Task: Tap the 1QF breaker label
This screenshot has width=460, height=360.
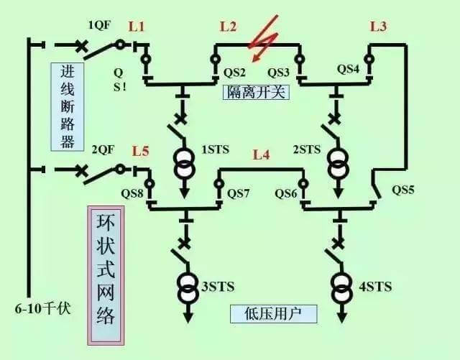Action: point(99,25)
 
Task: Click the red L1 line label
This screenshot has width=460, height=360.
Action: point(137,27)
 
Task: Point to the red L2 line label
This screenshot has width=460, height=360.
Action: point(228,27)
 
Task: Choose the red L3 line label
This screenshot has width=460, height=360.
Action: point(378,27)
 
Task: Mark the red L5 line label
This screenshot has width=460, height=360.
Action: point(141,152)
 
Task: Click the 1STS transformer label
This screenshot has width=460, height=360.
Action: point(215,150)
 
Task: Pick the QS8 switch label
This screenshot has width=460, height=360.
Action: point(132,193)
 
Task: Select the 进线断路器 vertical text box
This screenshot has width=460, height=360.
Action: point(67,106)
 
